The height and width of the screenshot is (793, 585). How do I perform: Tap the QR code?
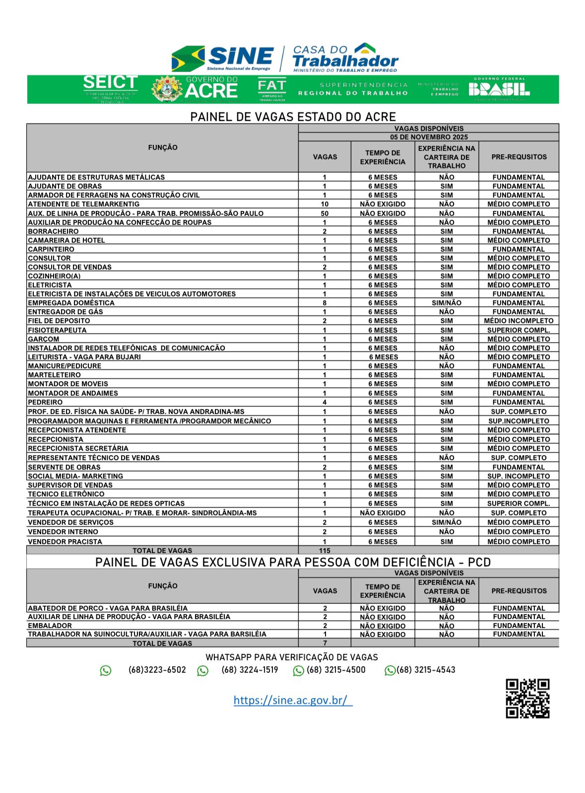click(527, 698)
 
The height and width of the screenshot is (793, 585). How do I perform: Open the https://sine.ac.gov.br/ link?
click(293, 700)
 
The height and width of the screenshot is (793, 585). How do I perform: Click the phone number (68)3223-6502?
click(157, 670)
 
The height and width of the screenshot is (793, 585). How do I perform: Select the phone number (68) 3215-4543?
click(425, 670)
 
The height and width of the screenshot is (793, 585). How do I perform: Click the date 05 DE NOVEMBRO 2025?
click(429, 137)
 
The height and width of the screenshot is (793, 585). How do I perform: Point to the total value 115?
click(325, 550)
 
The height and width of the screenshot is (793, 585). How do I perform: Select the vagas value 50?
click(325, 214)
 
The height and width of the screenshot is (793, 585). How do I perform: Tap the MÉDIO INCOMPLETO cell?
click(519, 321)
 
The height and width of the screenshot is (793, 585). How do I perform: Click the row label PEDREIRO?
click(45, 402)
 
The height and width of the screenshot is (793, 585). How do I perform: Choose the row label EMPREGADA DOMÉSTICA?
click(71, 303)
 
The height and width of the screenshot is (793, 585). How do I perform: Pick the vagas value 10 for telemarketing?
click(325, 204)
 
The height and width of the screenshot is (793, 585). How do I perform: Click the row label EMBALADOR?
click(50, 626)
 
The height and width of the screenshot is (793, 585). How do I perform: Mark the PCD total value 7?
click(325, 643)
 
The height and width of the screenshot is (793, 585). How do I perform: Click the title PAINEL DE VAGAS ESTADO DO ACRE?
click(293, 117)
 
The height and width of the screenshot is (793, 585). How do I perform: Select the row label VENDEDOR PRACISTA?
click(65, 542)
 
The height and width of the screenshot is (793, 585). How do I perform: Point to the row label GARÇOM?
click(44, 339)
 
